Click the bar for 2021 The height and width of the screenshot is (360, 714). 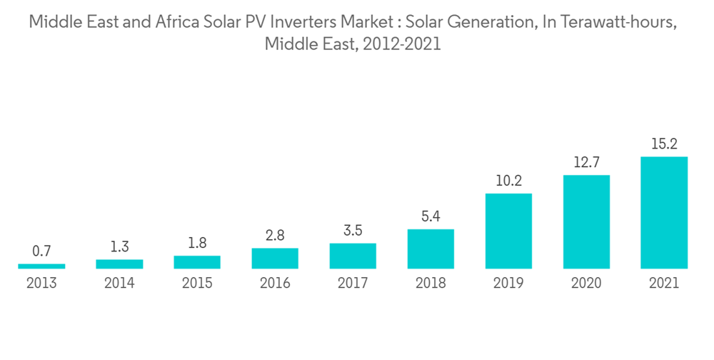(x=664, y=213)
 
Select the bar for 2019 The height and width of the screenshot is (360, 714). (x=508, y=231)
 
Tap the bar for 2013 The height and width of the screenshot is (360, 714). (x=41, y=266)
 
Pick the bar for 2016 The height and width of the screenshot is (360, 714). (x=275, y=258)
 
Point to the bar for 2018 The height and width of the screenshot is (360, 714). (x=431, y=249)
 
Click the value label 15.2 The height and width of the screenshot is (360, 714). (x=664, y=144)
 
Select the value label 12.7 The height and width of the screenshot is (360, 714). (x=586, y=163)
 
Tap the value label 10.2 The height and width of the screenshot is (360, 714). (x=508, y=181)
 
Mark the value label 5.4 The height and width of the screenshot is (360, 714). (x=431, y=216)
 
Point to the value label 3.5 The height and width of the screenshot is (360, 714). (x=353, y=230)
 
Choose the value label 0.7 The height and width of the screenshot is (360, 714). (x=41, y=251)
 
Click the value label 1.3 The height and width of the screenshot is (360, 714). (x=119, y=247)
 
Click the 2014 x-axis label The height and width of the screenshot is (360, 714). (x=119, y=284)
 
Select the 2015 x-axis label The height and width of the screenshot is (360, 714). (x=197, y=284)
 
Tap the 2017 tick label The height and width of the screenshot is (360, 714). (x=353, y=284)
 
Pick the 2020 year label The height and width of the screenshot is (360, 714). (x=586, y=284)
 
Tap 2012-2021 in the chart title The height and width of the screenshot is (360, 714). (x=401, y=44)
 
